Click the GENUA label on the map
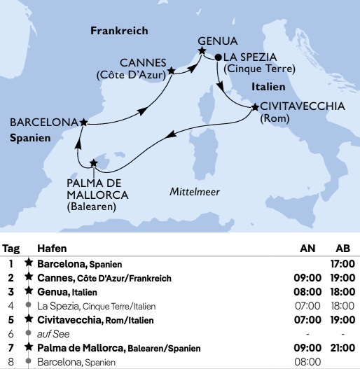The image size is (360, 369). (x=219, y=41)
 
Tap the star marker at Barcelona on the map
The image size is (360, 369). (x=84, y=122)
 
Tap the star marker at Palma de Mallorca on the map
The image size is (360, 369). (x=94, y=163)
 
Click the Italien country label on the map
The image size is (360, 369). (x=268, y=88)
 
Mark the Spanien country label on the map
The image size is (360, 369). (x=30, y=139)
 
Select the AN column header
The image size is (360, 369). (x=307, y=249)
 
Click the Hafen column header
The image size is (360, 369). (x=52, y=249)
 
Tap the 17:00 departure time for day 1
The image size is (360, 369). (x=343, y=264)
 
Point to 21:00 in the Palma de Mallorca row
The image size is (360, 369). (x=343, y=348)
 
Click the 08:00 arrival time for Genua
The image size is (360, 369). (x=307, y=292)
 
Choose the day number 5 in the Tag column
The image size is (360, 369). (x=11, y=320)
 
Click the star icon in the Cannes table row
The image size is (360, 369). (x=29, y=278)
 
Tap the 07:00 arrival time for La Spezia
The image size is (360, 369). (x=307, y=306)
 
